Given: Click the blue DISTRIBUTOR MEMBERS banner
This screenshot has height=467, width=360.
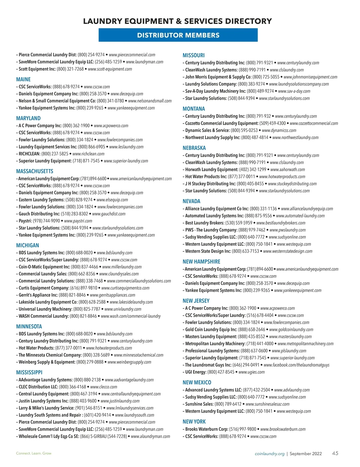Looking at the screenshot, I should [x=178, y=35].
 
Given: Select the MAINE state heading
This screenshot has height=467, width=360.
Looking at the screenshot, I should [x=23, y=79].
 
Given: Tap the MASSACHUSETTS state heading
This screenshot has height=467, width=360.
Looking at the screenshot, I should [x=34, y=171].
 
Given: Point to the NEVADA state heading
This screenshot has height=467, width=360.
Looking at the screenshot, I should [x=191, y=201].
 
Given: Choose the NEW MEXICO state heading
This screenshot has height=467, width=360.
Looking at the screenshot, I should [x=197, y=382].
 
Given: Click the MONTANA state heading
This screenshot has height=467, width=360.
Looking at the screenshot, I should [x=194, y=109].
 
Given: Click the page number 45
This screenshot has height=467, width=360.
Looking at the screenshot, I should [x=335, y=453].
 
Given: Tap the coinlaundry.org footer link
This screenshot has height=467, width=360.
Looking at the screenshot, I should [x=269, y=454].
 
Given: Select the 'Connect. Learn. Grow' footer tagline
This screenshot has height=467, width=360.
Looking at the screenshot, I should [x=34, y=454].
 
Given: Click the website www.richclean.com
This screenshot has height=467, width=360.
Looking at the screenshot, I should [x=88, y=154].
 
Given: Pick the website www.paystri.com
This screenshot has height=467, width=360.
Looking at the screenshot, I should [x=78, y=221].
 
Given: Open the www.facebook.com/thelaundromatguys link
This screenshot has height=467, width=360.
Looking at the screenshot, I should [x=296, y=365].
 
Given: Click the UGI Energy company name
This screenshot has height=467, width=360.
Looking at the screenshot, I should [x=196, y=372].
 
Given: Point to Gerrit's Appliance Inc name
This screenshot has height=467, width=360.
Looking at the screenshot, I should [x=38, y=295].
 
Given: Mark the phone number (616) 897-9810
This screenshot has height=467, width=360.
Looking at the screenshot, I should [x=84, y=288].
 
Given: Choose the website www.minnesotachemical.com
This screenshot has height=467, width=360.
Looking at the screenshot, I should [x=139, y=355].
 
